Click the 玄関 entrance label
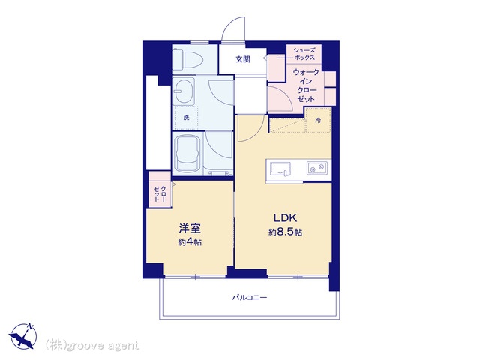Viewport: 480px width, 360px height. (243, 59)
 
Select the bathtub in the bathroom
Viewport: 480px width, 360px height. (187, 154)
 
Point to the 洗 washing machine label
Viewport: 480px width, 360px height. (186, 118)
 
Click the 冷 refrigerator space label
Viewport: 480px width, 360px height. (318, 121)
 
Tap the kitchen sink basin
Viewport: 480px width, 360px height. (280, 169)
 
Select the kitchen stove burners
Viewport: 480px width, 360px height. (317, 168)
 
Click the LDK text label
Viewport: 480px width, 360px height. (285, 218)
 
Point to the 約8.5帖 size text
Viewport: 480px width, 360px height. (285, 232)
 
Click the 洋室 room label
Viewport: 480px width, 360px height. (190, 228)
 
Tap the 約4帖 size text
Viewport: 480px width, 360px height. (190, 242)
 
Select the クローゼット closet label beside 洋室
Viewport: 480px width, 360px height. (160, 194)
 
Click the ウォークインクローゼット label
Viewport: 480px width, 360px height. (306, 85)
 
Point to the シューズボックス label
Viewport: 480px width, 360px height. (304, 54)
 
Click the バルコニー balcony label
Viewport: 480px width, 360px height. (249, 297)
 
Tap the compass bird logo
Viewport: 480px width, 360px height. (23, 336)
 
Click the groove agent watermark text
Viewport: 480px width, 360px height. (92, 345)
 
